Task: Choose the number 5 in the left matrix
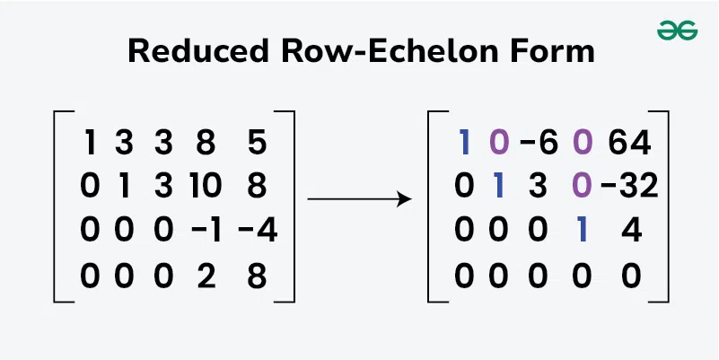point(258,143)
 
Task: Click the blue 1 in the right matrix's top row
point(463,143)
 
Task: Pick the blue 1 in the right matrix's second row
point(499,187)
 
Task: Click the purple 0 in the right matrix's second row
point(583,187)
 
